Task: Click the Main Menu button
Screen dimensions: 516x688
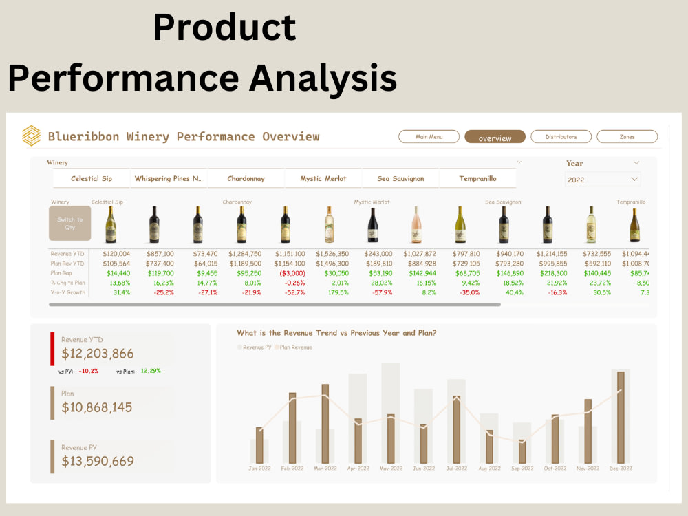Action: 429,137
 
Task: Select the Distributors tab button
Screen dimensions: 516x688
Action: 561,137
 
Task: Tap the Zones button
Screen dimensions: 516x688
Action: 627,137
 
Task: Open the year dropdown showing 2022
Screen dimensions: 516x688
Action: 603,180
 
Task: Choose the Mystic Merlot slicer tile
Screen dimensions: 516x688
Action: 323,178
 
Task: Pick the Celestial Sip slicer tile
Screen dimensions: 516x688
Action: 92,178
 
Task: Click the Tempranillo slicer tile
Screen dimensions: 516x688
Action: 477,178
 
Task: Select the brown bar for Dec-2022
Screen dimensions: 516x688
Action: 621,417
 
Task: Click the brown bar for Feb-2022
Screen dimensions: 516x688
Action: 292,428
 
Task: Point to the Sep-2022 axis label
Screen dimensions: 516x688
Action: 522,469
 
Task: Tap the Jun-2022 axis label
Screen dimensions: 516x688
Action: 424,469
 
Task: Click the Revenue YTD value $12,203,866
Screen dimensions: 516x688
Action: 98,354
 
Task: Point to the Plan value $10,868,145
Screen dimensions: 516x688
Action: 97,407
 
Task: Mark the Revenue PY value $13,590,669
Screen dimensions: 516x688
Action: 98,461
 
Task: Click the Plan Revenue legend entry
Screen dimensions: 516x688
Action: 295,347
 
